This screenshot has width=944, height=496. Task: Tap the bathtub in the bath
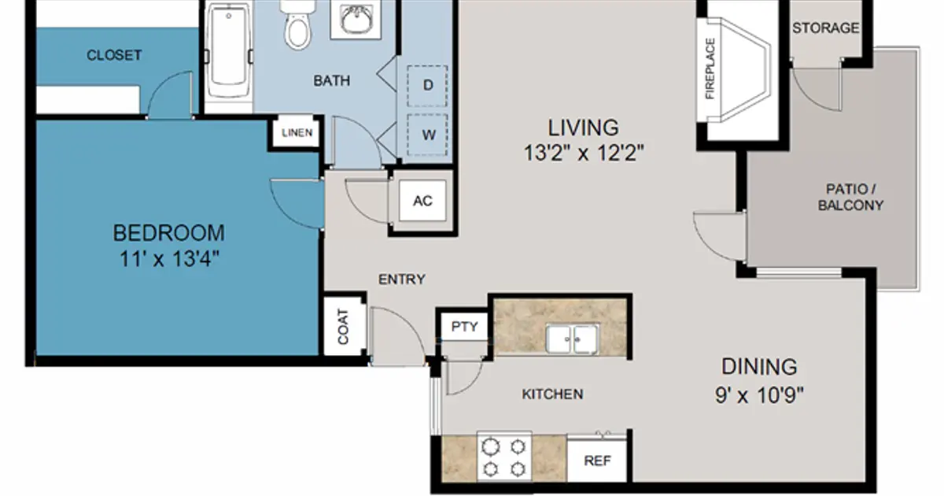click(x=228, y=50)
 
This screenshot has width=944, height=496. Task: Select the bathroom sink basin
click(x=356, y=19)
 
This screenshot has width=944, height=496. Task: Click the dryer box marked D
click(x=427, y=86)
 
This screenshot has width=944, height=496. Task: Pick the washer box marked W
click(x=428, y=135)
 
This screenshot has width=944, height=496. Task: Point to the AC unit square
click(x=422, y=201)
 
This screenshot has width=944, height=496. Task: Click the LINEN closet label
click(x=297, y=133)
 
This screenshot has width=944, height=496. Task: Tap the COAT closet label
click(x=343, y=327)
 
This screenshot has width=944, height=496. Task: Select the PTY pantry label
click(x=464, y=327)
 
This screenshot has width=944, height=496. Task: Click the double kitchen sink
click(x=572, y=339)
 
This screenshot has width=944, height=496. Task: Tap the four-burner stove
click(x=504, y=457)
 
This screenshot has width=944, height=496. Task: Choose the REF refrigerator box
click(x=597, y=461)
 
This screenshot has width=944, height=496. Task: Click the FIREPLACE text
click(x=710, y=68)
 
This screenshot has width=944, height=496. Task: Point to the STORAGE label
click(x=825, y=28)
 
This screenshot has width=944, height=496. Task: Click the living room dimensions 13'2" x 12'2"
click(x=584, y=153)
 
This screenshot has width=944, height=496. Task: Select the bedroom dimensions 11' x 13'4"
click(x=169, y=259)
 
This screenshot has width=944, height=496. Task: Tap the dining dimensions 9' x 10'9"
click(x=759, y=395)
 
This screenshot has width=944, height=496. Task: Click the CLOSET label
click(x=114, y=55)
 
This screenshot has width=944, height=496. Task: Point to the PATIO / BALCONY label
click(x=850, y=197)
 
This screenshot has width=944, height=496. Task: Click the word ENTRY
click(x=402, y=279)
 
